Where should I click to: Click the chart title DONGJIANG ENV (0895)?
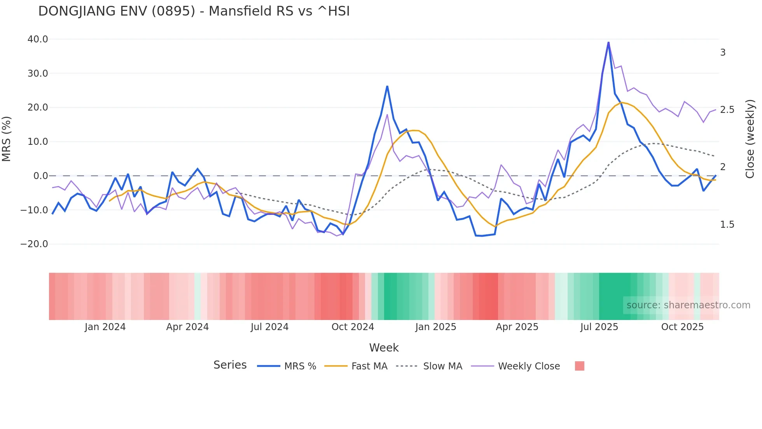194,11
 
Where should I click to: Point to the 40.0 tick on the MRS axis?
38,39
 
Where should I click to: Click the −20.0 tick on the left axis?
34,244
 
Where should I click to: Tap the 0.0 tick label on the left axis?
40,176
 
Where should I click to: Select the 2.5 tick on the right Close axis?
727,110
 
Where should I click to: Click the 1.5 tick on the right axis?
727,225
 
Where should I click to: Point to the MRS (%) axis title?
7,139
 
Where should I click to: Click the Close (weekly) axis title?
750,139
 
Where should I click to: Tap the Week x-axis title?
384,348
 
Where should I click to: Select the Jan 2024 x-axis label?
105,327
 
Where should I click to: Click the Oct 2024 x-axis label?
353,327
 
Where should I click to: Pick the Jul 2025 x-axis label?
599,327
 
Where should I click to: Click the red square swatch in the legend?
579,366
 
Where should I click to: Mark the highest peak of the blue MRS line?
608,42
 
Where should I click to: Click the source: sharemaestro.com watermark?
688,305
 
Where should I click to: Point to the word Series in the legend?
230,365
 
